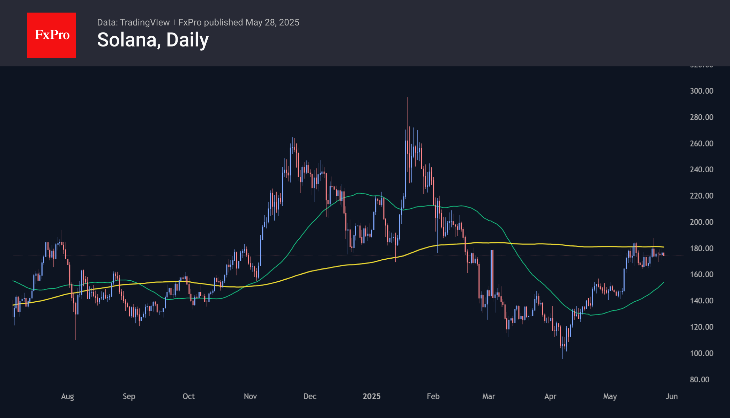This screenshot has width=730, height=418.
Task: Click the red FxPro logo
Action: (52, 35)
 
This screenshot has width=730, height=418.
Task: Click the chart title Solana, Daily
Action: (153, 40)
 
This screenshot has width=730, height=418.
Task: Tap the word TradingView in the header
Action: (144, 22)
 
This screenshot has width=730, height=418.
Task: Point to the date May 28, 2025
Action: (272, 22)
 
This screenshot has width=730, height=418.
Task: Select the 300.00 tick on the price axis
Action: (701, 91)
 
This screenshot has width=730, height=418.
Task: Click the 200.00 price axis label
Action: (701, 222)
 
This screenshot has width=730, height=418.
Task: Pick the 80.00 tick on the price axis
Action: (699, 379)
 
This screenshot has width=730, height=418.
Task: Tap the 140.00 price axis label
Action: (701, 301)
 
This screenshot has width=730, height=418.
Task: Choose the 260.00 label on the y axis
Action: (701, 143)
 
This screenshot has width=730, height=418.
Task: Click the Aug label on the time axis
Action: (67, 396)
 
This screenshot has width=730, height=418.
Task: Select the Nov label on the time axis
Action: (250, 396)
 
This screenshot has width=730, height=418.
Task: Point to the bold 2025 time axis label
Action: (371, 396)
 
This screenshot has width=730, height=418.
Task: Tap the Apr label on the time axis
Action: (550, 396)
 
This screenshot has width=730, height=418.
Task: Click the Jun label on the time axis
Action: (671, 396)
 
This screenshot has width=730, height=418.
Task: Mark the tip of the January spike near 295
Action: (407, 98)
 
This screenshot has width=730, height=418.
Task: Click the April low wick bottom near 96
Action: (563, 359)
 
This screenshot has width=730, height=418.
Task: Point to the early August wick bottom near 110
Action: (76, 339)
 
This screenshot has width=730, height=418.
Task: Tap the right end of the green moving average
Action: (663, 282)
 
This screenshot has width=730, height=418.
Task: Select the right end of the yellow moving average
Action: (663, 247)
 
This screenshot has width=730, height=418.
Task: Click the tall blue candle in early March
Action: (492, 273)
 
